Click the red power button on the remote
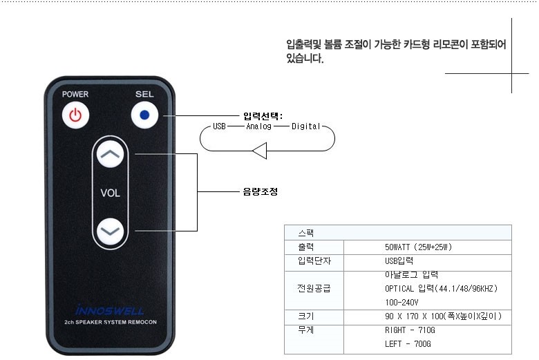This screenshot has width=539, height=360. [x=75, y=115]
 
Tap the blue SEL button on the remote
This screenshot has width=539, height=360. [x=144, y=115]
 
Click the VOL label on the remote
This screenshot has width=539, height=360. [x=110, y=193]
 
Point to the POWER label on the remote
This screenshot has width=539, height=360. [x=75, y=94]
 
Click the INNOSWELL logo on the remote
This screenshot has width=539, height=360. [x=110, y=310]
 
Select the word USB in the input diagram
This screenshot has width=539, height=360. [x=219, y=126]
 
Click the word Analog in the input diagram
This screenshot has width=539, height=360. [x=259, y=126]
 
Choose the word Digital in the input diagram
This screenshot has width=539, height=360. [x=306, y=126]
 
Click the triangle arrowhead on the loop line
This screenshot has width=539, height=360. [x=259, y=150]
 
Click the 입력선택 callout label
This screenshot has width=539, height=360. [x=263, y=115]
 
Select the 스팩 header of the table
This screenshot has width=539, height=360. [x=305, y=233]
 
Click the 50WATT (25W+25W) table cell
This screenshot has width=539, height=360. [x=418, y=247]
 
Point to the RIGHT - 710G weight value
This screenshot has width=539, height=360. [x=410, y=330]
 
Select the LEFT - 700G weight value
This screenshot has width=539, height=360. [x=408, y=343]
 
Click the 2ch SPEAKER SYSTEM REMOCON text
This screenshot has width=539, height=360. [x=110, y=323]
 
